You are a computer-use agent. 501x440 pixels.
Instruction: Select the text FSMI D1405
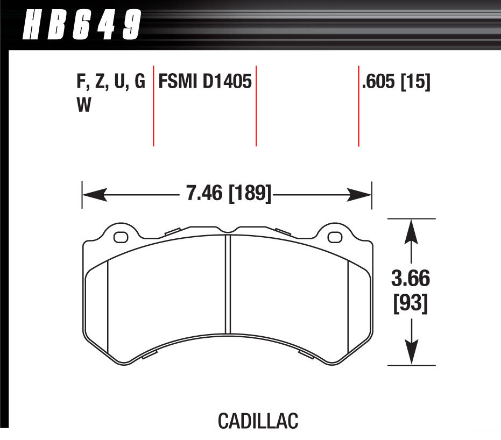(x=204, y=82)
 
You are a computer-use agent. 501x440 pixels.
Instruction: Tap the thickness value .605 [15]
(x=396, y=82)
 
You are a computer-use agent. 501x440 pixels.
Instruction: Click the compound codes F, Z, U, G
(x=110, y=82)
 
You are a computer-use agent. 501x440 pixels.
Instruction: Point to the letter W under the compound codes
(x=83, y=105)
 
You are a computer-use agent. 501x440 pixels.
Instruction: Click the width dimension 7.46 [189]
(x=228, y=193)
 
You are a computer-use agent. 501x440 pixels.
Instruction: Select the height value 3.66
(x=412, y=280)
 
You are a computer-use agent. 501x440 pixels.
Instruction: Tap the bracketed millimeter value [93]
(x=412, y=304)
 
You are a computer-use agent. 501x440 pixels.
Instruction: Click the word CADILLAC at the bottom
(x=258, y=421)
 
